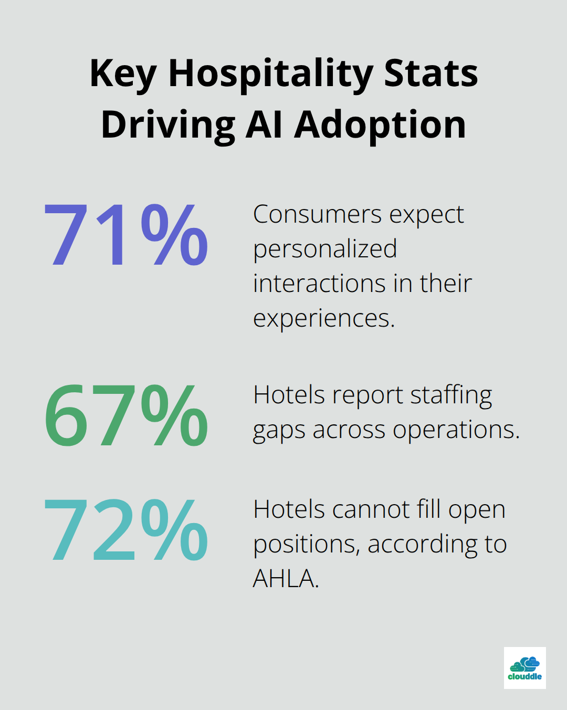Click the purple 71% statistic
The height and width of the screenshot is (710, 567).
[126, 235]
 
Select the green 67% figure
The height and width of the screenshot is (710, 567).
[126, 415]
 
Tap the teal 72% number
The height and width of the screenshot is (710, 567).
[126, 530]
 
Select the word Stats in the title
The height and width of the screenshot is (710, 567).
[431, 74]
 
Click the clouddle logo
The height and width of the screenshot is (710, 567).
[524, 668]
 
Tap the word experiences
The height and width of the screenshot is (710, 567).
[323, 319]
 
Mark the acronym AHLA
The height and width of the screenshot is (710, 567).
[286, 579]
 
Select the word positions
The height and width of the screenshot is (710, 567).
[306, 545]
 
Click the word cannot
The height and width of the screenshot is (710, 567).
[371, 509]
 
